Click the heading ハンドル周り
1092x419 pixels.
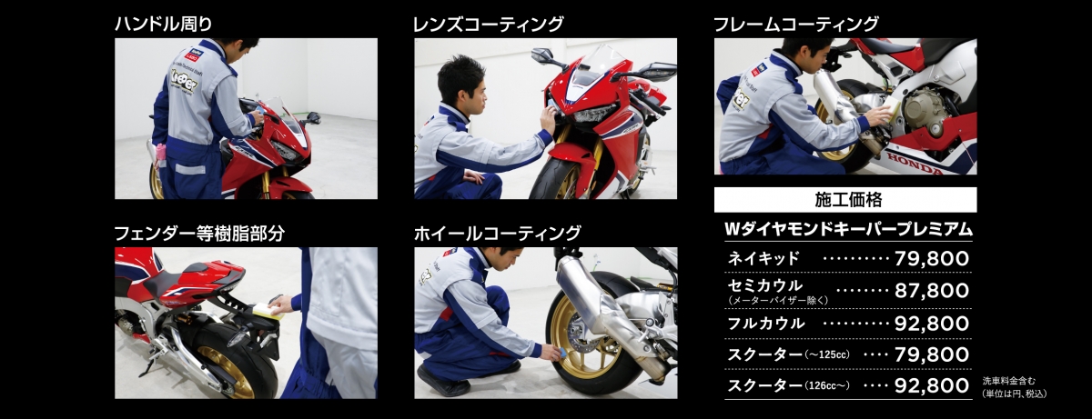click(x=164, y=24)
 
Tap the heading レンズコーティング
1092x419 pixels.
click(x=489, y=24)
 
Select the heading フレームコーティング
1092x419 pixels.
click(x=796, y=24)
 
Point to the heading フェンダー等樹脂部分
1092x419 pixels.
click(x=199, y=233)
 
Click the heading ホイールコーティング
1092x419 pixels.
click(x=497, y=233)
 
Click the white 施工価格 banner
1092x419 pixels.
click(x=845, y=200)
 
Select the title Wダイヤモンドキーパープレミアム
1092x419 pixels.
click(x=848, y=229)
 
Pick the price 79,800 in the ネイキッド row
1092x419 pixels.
click(x=932, y=258)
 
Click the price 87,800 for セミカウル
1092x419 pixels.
click(x=932, y=291)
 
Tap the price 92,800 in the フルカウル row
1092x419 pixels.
click(x=932, y=324)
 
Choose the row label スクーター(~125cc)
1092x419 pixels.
click(x=788, y=354)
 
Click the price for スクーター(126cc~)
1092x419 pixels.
click(x=932, y=385)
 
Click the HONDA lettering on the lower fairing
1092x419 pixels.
click(x=915, y=164)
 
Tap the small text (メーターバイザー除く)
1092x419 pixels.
click(x=778, y=301)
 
